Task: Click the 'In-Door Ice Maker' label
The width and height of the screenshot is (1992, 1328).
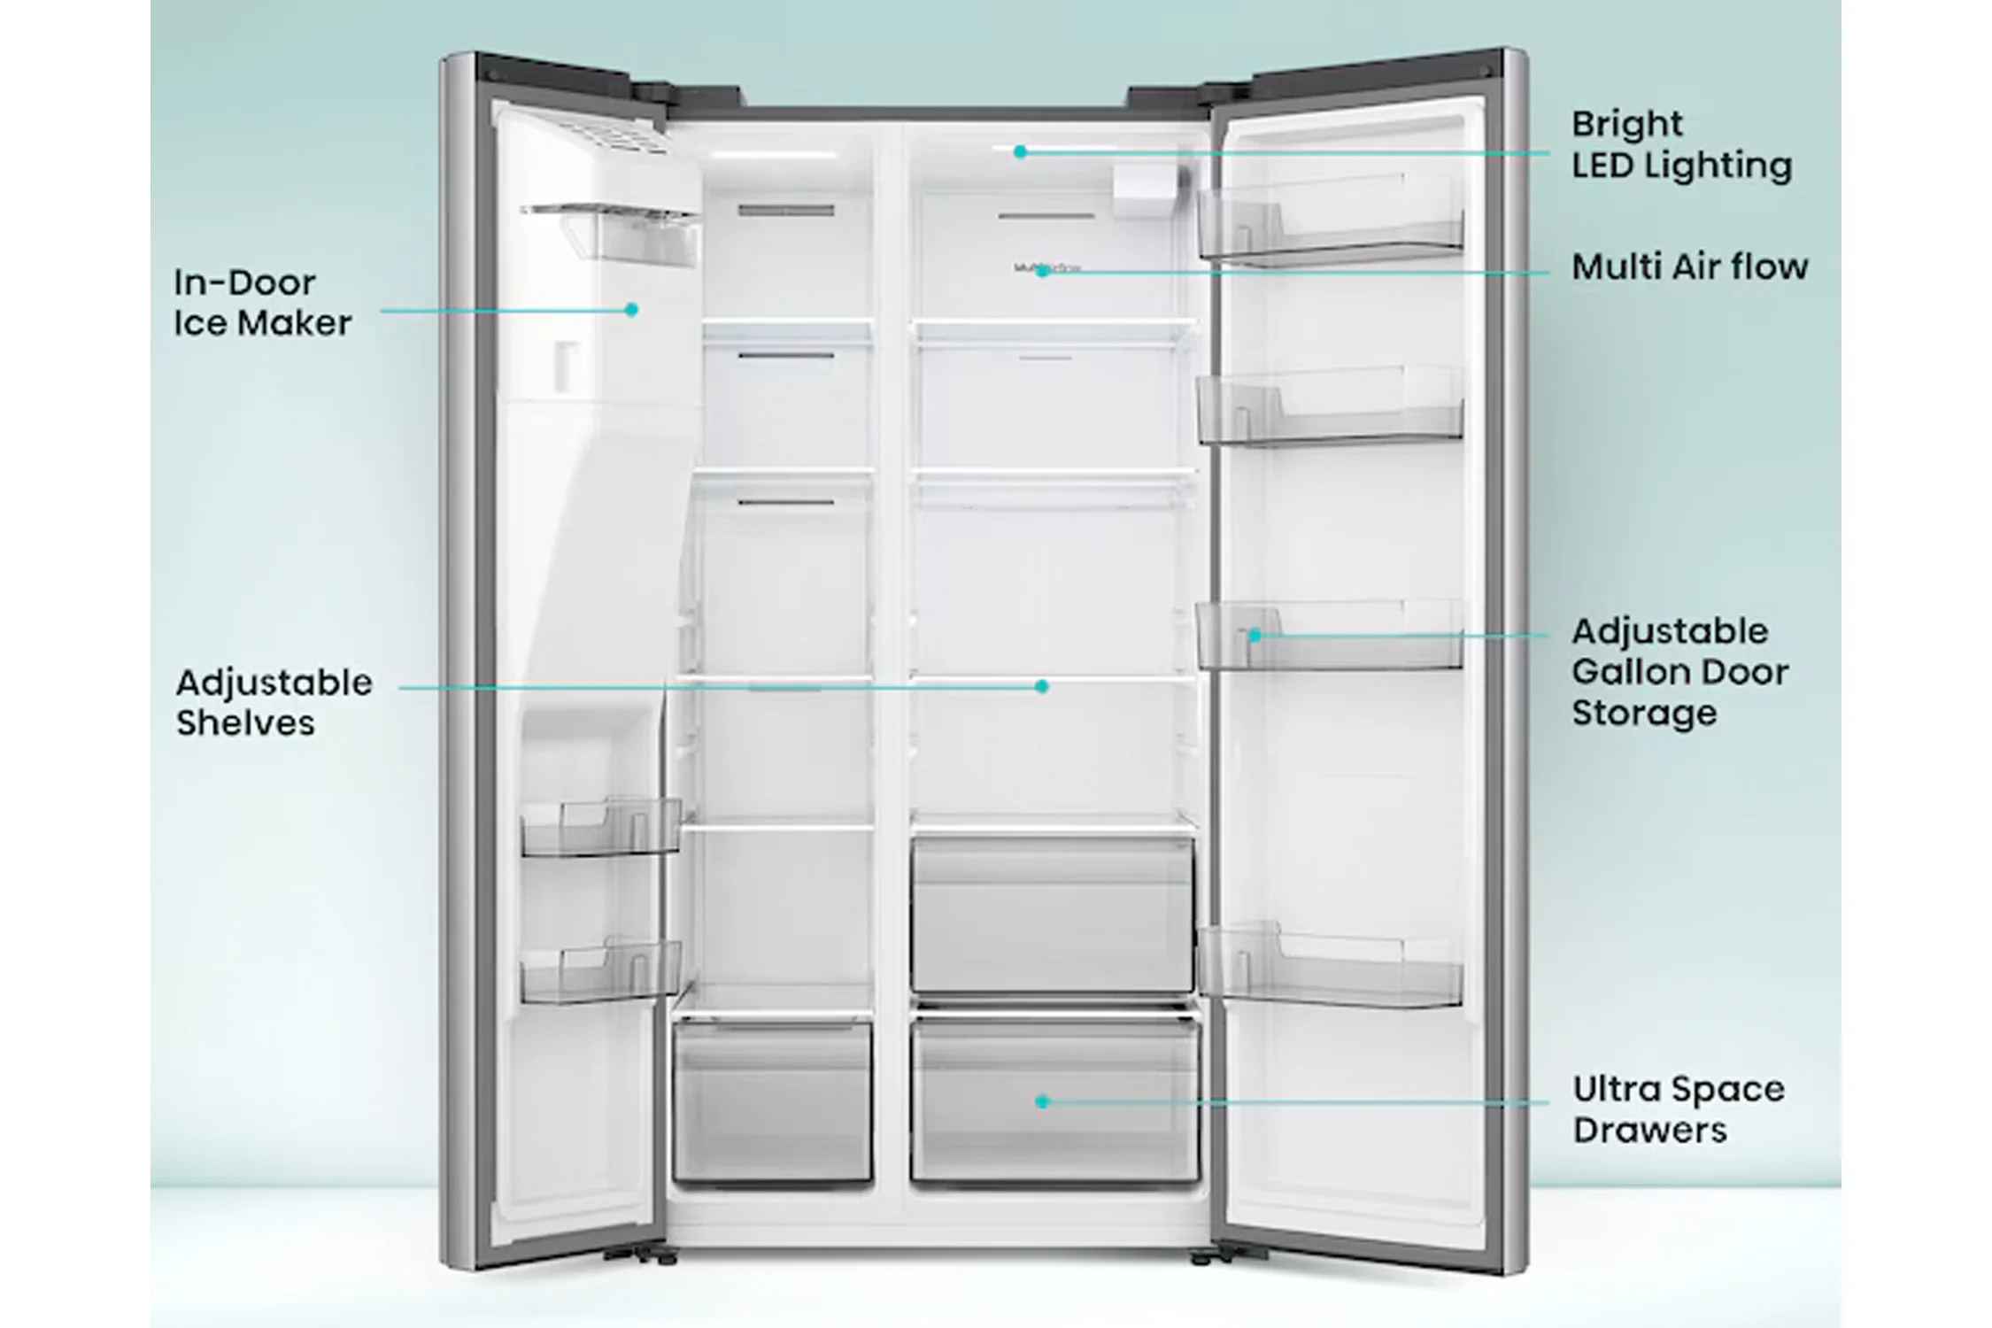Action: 262,303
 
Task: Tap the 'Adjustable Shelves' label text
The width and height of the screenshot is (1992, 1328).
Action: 274,702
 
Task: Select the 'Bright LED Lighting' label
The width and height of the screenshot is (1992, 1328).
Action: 1681,145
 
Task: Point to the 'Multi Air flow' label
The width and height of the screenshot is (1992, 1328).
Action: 1689,266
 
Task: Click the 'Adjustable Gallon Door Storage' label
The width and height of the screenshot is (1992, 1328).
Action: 1679,672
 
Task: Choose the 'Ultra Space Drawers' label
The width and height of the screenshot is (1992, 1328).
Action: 1678,1109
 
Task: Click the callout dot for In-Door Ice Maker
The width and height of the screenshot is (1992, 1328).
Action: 631,310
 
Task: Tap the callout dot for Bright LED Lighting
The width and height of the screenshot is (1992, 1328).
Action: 1020,152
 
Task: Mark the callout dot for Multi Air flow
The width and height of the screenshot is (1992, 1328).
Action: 1042,272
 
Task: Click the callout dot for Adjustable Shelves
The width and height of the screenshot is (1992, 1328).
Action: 1042,686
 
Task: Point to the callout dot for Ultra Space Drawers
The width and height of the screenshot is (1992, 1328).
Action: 1042,1101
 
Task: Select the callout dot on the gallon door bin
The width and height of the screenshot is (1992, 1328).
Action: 1255,636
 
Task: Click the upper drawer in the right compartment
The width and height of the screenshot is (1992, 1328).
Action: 1053,915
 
